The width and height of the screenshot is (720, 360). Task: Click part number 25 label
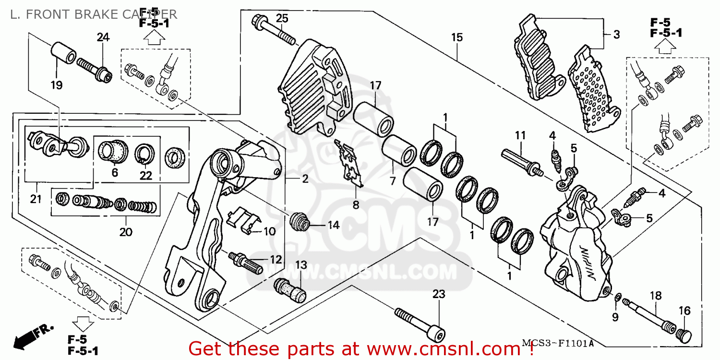(282, 18)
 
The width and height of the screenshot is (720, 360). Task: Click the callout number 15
(456, 37)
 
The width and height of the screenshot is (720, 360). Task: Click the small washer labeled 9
(617, 300)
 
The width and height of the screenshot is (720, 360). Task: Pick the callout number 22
(145, 176)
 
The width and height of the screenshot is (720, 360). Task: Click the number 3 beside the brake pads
(616, 35)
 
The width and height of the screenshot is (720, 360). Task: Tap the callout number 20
(126, 232)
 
